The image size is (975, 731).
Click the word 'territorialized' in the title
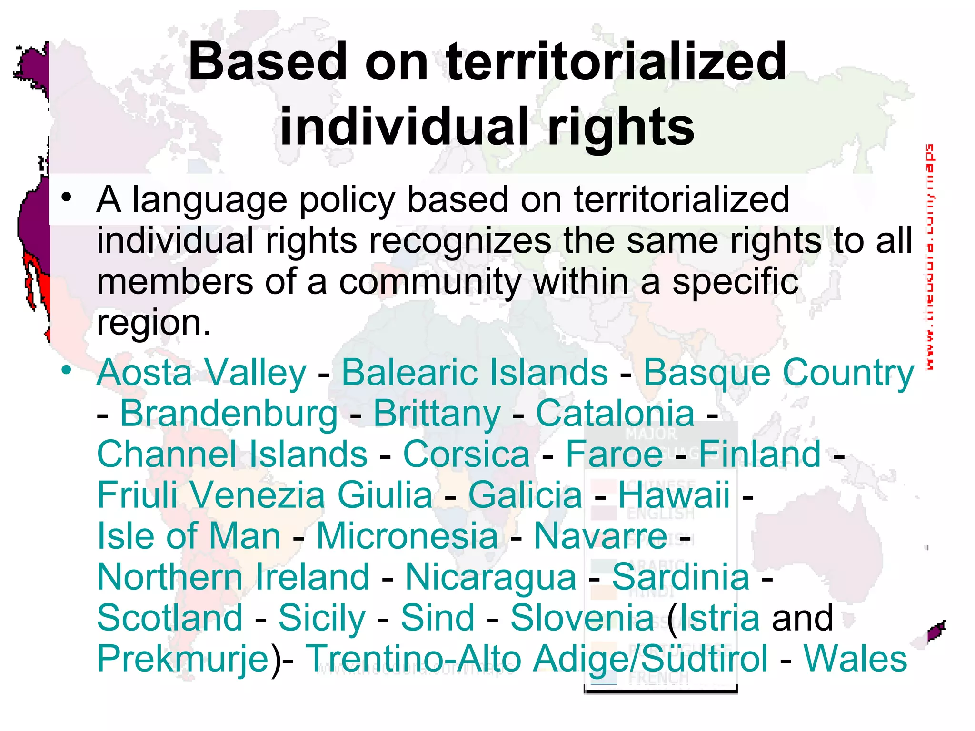click(x=617, y=62)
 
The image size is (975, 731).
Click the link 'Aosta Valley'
click(x=201, y=373)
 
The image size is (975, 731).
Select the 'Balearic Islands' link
click(x=475, y=373)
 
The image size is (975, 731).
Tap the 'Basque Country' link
click(x=778, y=373)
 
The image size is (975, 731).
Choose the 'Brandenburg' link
click(x=229, y=414)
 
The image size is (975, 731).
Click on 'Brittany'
click(x=437, y=414)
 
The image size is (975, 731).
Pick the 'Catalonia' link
click(x=615, y=414)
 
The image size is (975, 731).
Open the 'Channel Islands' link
click(x=232, y=454)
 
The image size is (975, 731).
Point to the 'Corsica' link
click(x=467, y=454)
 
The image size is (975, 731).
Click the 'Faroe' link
click(x=614, y=454)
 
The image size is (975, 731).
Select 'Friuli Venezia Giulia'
click(x=265, y=495)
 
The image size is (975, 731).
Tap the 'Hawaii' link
click(x=674, y=495)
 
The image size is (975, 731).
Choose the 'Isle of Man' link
click(x=189, y=536)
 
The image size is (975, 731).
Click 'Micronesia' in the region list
click(x=407, y=536)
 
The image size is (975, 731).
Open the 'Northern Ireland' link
click(x=233, y=577)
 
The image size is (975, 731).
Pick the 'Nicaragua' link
click(x=491, y=577)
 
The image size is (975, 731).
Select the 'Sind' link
click(x=438, y=618)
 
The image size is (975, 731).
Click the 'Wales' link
click(x=856, y=659)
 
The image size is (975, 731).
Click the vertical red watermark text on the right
click(x=929, y=257)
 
